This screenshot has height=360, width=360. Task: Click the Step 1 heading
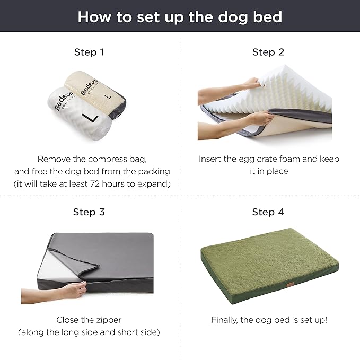[89, 52]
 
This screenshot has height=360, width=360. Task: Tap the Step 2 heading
[268, 52]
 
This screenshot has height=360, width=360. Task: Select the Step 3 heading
[89, 212]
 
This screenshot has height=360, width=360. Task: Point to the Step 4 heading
[268, 212]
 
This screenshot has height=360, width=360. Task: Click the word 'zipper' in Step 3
[109, 320]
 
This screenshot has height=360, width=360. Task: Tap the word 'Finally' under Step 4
[226, 320]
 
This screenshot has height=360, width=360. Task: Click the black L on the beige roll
[109, 97]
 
